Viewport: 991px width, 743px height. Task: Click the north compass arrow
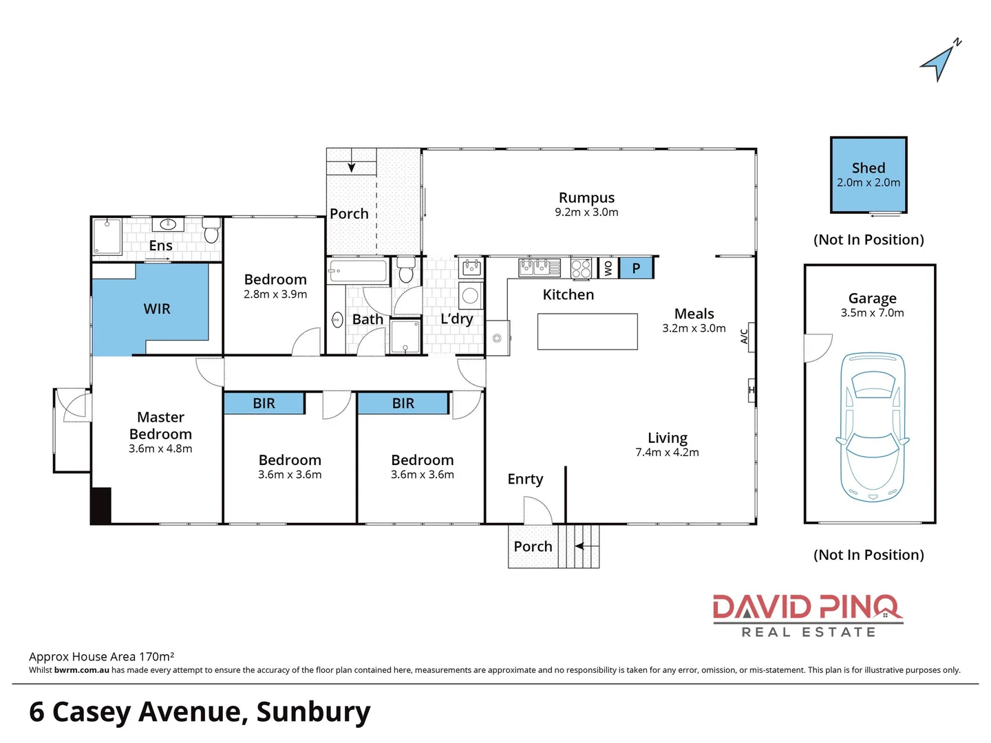click(x=939, y=63)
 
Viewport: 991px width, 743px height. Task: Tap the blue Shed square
click(x=869, y=175)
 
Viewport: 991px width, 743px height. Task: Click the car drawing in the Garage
click(x=872, y=427)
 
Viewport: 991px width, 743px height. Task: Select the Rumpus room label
click(x=586, y=198)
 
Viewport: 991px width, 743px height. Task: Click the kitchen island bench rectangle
click(x=587, y=332)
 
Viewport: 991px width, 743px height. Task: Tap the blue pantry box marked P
click(x=636, y=268)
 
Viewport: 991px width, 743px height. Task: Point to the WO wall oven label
click(x=608, y=268)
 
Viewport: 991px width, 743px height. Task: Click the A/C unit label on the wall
click(x=744, y=336)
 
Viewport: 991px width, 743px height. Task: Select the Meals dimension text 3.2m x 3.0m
click(x=694, y=329)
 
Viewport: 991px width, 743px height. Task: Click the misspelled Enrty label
click(x=525, y=479)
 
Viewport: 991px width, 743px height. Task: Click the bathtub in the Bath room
click(x=359, y=271)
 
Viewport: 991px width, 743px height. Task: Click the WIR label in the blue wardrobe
click(x=157, y=310)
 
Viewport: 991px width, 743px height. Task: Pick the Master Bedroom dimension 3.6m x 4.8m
click(x=160, y=449)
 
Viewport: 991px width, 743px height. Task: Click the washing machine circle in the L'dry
click(x=470, y=296)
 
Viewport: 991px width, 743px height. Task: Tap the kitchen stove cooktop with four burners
click(x=581, y=268)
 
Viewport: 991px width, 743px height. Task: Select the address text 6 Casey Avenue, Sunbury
click(x=200, y=712)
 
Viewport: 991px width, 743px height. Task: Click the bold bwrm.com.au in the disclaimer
click(x=81, y=670)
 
